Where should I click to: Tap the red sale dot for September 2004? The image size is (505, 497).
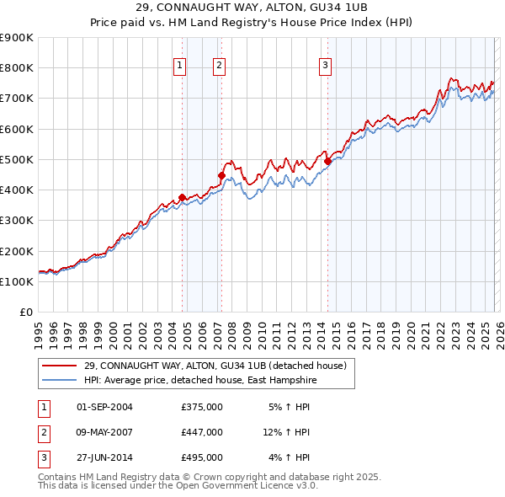coord(182,197)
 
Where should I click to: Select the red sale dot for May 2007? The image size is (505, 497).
coord(221,175)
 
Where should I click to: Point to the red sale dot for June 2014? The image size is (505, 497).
coord(327,161)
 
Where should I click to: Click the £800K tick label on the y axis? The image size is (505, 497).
coord(17,68)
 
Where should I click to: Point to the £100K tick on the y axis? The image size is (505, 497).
coord(17,282)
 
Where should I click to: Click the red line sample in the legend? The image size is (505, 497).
coord(60,366)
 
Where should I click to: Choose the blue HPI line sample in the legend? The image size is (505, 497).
coord(60,380)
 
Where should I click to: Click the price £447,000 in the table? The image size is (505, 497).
coord(202,432)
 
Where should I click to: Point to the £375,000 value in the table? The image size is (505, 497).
coord(202,407)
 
